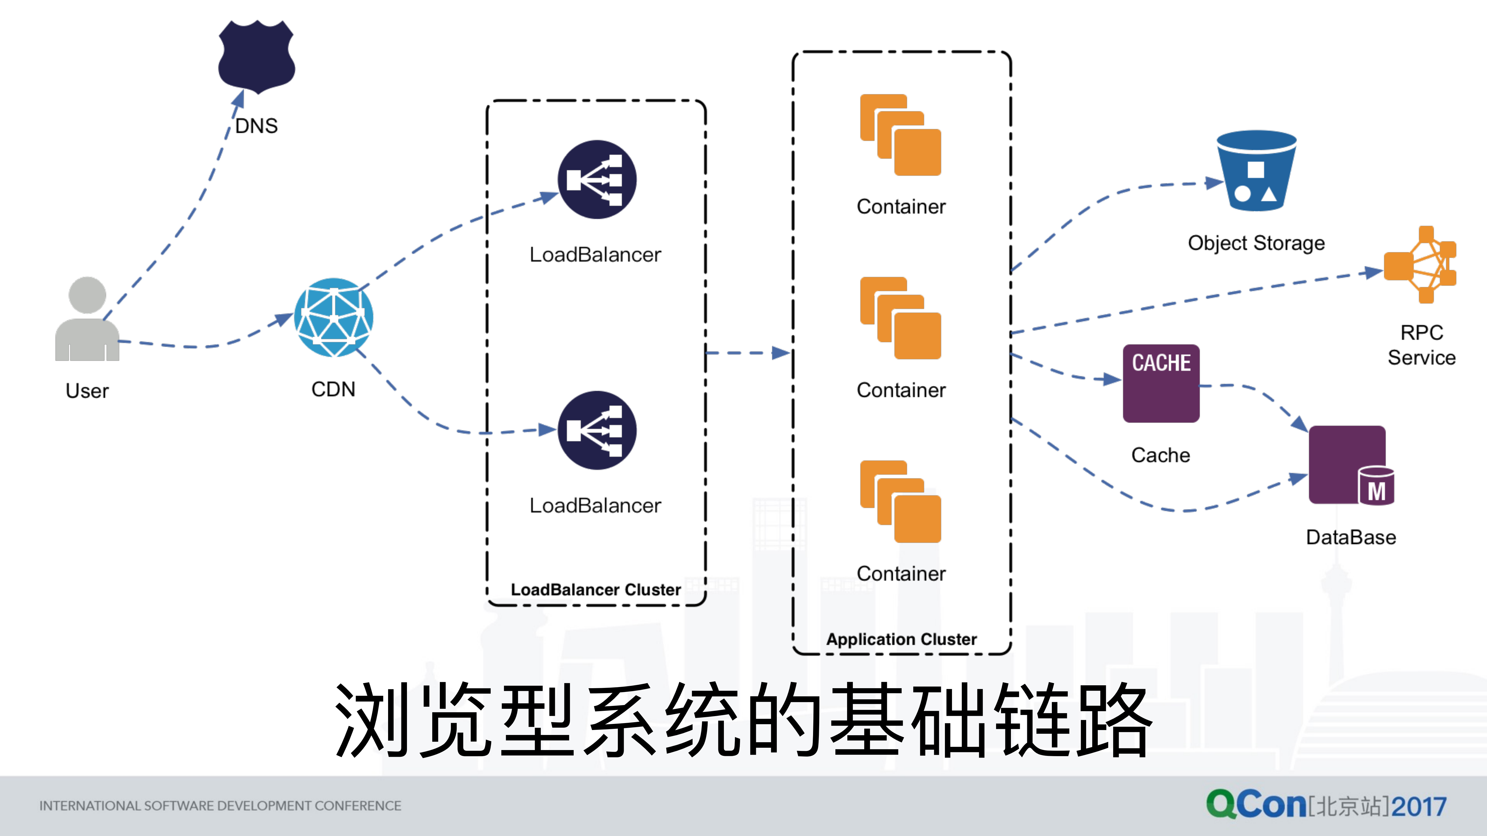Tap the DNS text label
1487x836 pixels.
point(256,126)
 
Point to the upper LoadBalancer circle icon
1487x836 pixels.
point(597,179)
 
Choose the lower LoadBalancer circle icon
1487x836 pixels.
point(597,430)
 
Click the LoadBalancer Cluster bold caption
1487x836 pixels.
point(596,590)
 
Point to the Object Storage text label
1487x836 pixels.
point(1256,243)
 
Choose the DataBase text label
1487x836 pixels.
point(1351,537)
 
